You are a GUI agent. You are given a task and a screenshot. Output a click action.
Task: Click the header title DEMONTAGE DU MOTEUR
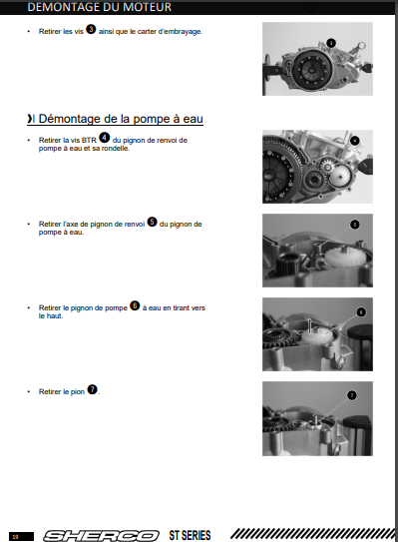[x=99, y=7]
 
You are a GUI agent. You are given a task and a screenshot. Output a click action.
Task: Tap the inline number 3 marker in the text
[x=91, y=29]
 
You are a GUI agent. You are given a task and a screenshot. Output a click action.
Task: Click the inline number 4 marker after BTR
[x=105, y=138]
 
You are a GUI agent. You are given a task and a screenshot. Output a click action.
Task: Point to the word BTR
[x=89, y=141]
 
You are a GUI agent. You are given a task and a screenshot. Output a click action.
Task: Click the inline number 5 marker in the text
[x=152, y=222]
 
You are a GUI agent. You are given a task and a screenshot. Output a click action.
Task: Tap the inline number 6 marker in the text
[x=135, y=305]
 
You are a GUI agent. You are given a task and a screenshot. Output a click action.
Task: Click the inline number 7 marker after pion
[x=92, y=389]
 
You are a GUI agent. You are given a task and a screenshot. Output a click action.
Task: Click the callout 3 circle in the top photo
[x=331, y=43]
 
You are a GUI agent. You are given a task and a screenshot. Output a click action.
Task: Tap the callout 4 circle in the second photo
[x=355, y=141]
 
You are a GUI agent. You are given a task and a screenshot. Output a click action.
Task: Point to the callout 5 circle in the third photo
[x=355, y=225]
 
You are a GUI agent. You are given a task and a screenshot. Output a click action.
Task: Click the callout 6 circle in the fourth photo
[x=361, y=312]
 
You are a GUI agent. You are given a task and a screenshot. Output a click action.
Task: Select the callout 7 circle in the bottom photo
[x=352, y=395]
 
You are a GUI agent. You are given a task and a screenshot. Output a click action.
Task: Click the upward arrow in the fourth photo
[x=310, y=326]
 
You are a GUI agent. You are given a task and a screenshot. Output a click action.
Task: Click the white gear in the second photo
[x=338, y=176]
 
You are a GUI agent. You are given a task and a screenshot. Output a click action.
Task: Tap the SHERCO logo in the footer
[x=101, y=536]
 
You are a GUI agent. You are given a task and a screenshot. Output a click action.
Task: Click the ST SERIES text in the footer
[x=190, y=535]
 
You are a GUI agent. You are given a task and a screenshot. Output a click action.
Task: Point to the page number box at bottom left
[x=21, y=536]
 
